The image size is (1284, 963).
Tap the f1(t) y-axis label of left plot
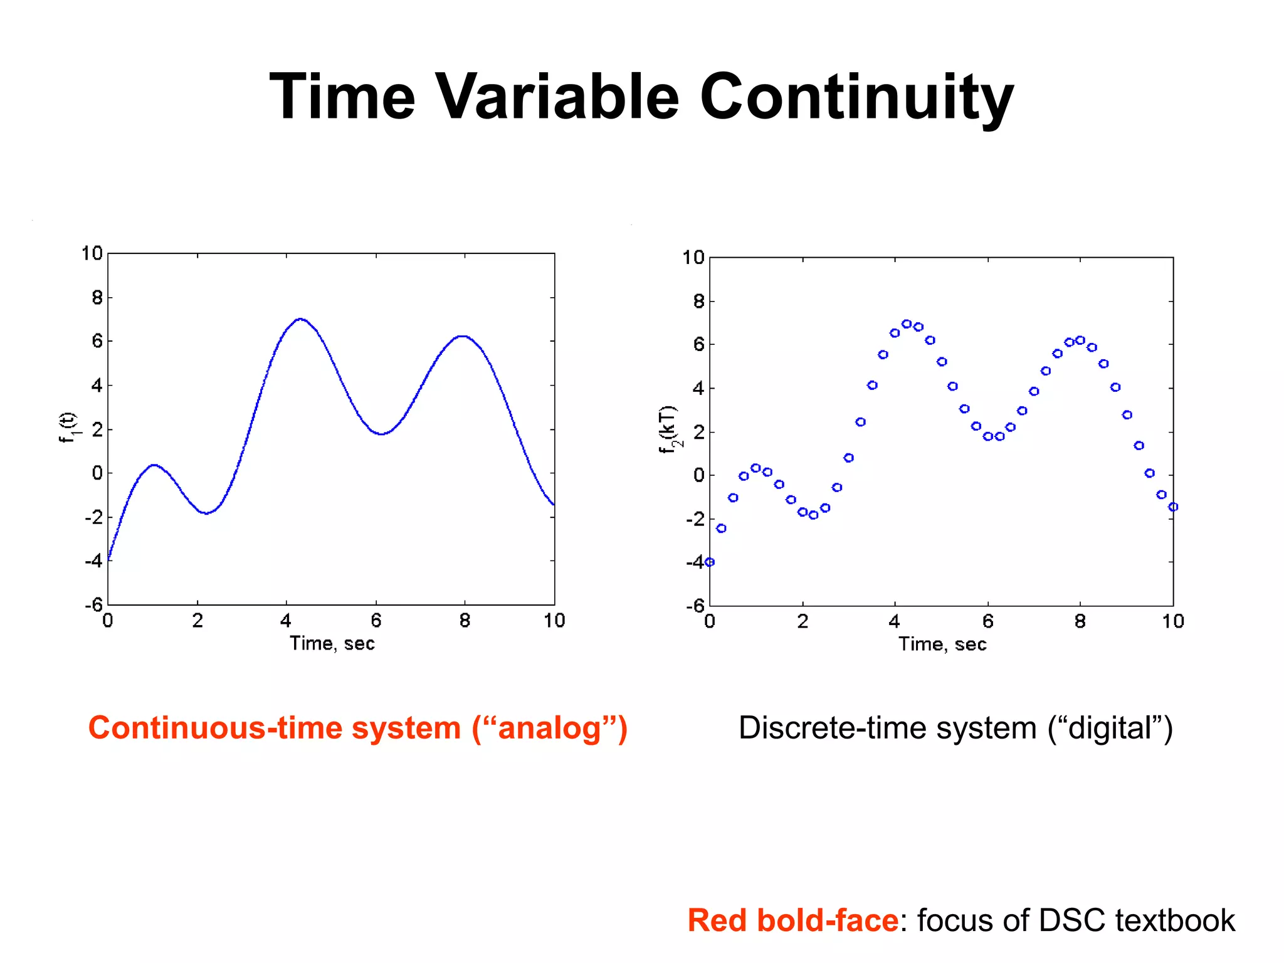click(x=68, y=428)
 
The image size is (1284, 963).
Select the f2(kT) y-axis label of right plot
click(x=669, y=429)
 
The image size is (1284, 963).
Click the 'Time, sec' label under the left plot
click(x=332, y=643)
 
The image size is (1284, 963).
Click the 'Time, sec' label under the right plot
click(x=942, y=644)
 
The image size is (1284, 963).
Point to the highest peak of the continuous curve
click(x=301, y=319)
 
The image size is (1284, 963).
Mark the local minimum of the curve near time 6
click(x=381, y=433)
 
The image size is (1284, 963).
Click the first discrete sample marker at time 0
click(x=710, y=562)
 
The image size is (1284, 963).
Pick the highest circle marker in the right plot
click(x=907, y=324)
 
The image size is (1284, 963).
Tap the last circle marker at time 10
click(x=1173, y=507)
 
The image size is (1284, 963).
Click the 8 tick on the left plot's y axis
click(x=97, y=298)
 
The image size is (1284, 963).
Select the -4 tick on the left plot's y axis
click(x=93, y=560)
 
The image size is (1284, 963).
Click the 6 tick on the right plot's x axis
click(x=988, y=621)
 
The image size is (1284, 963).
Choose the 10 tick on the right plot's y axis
click(x=693, y=258)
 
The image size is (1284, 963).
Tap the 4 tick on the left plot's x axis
click(x=286, y=621)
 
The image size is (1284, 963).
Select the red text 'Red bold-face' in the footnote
click(x=793, y=920)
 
